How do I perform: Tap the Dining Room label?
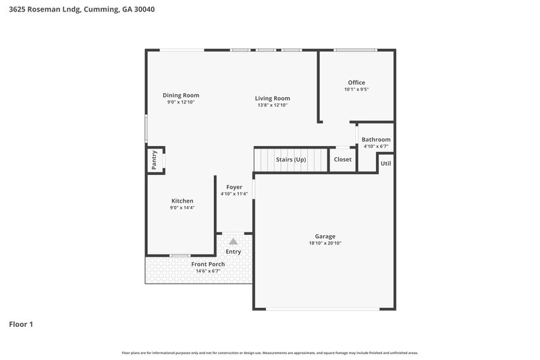181,95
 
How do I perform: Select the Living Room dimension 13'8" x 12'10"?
273,105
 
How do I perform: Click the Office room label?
356,82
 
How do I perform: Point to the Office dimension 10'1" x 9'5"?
356,90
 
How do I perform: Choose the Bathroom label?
376,139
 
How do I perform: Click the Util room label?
385,163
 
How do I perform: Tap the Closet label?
342,159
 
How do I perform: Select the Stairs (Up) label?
291,159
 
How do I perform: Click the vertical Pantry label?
154,160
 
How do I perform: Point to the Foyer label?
234,187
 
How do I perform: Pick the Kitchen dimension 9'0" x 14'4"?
182,208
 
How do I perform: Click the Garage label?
325,236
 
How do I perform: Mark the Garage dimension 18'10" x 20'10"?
325,243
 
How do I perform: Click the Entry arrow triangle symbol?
234,241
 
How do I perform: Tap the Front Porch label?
208,264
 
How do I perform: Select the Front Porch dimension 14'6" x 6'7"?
208,271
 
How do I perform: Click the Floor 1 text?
21,324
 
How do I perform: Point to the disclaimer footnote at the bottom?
270,353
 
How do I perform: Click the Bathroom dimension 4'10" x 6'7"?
376,147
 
